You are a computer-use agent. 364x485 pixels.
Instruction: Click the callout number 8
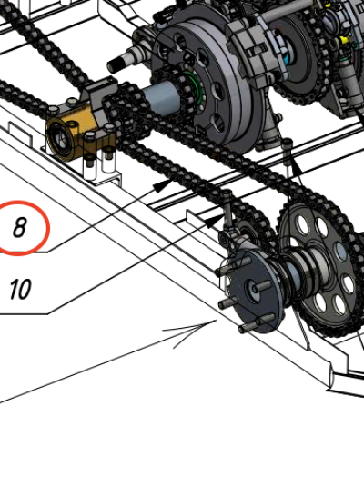tap(19, 227)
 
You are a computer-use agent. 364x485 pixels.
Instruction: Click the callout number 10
tap(20, 289)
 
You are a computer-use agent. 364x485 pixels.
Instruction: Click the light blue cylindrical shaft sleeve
tap(160, 96)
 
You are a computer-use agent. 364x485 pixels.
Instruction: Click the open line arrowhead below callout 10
tap(192, 332)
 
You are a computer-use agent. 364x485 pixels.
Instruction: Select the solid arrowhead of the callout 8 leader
tap(162, 185)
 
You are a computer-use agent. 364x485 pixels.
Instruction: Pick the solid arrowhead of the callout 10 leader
tap(214, 222)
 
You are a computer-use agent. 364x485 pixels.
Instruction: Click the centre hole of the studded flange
tap(251, 290)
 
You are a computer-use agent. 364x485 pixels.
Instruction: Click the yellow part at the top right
tap(343, 40)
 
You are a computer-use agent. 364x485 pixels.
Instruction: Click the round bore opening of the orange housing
tap(59, 138)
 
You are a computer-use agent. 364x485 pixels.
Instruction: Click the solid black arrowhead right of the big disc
tap(297, 168)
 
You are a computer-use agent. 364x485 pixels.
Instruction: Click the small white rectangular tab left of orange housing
tap(20, 134)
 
